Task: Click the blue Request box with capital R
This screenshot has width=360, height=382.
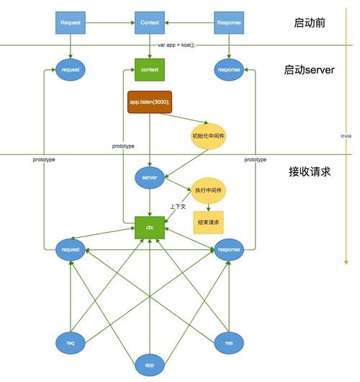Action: (x=71, y=22)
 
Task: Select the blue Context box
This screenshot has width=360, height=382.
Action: (x=150, y=22)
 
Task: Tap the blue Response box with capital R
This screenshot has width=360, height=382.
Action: (x=229, y=22)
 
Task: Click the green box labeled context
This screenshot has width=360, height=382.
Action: (x=150, y=70)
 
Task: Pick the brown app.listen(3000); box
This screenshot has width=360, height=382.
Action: (x=150, y=102)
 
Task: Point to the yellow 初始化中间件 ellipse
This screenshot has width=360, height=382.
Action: (x=208, y=136)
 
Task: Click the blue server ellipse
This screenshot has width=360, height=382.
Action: (x=150, y=177)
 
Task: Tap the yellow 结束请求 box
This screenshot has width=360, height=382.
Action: (x=208, y=223)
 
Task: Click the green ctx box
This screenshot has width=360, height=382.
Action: (x=150, y=227)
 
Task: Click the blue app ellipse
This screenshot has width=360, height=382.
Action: (x=150, y=365)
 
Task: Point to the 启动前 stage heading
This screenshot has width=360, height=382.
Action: (x=310, y=22)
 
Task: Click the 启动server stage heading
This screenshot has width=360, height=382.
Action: (x=309, y=70)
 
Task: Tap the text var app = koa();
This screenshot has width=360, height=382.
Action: (x=176, y=45)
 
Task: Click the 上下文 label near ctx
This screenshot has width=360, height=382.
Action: (x=177, y=206)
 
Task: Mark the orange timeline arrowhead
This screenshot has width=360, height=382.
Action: (x=348, y=261)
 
